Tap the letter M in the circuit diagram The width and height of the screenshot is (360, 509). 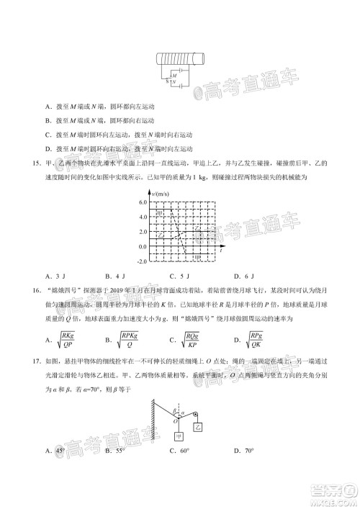tap(174, 75)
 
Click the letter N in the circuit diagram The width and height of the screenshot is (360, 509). tap(174, 83)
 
